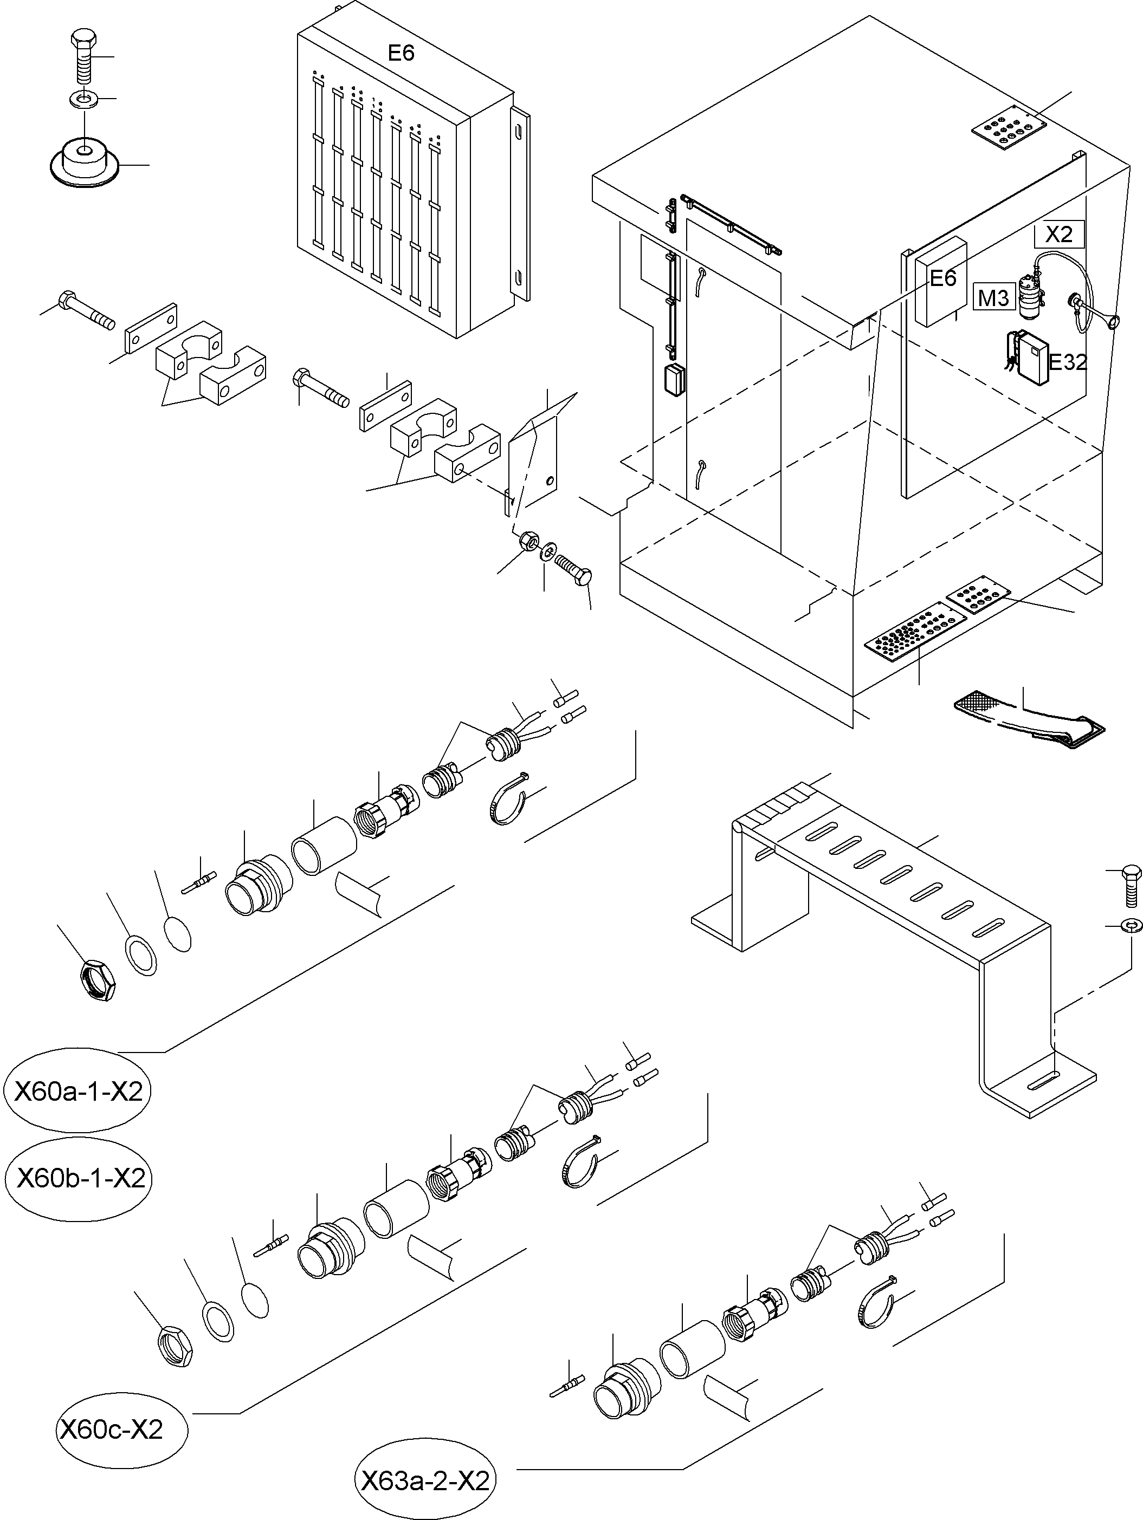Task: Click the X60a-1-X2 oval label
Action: (x=77, y=1090)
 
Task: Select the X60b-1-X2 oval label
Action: (x=79, y=1179)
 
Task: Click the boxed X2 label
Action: (x=1058, y=235)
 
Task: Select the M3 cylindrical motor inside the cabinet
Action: (x=1029, y=295)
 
